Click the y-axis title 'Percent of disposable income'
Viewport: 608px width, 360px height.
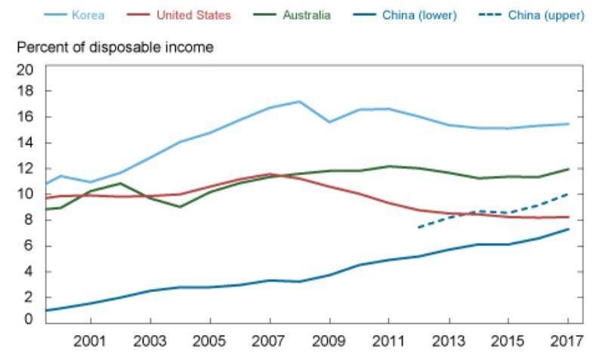click(115, 48)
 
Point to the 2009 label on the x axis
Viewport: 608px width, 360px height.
click(329, 340)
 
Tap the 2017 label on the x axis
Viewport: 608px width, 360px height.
click(568, 340)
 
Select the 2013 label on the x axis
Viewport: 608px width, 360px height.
click(449, 340)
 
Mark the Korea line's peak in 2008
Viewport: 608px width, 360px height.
click(300, 101)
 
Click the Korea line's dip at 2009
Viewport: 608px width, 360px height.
click(329, 122)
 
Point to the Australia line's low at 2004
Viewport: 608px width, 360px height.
click(180, 206)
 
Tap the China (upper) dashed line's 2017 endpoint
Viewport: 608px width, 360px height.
click(568, 194)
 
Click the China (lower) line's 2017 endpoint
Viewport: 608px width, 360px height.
click(568, 229)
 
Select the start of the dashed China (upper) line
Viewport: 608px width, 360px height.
click(418, 227)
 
